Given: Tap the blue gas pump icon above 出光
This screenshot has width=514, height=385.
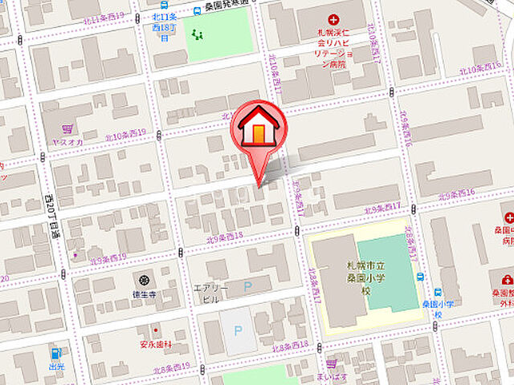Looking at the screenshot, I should point(55,352).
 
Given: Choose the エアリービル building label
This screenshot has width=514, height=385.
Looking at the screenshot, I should point(211,293).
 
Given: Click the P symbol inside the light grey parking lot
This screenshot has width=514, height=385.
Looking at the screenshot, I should point(238,330).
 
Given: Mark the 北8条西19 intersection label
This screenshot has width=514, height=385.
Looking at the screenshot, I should point(174,367).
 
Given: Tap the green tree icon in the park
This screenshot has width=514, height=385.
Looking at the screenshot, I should point(198,34).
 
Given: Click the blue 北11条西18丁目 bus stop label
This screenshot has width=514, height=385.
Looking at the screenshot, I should point(162,26).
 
